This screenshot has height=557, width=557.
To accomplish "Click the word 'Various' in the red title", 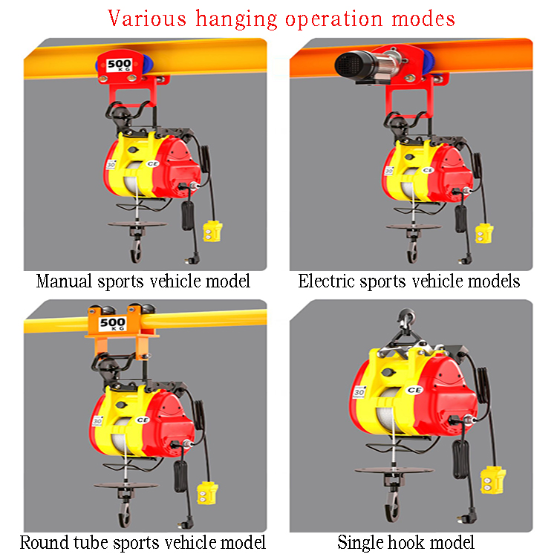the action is (147, 19).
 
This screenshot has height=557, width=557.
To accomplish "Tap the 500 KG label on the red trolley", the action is (120, 65).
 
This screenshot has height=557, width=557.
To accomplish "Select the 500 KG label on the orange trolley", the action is (112, 324).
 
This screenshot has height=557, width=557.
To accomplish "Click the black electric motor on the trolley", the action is (356, 65).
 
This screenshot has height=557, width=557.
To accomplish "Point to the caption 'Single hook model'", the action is (405, 543).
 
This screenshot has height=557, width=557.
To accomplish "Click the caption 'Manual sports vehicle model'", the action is (143, 281).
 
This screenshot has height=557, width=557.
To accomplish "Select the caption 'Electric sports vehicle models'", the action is (409, 281).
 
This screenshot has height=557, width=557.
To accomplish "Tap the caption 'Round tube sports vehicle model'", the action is (143, 543).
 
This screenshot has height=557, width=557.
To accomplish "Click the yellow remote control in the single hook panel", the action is (492, 481).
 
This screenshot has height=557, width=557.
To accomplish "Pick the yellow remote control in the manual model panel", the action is (212, 231).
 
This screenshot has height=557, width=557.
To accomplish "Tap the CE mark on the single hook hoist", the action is (414, 390).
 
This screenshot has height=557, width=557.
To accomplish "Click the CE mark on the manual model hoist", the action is (153, 164).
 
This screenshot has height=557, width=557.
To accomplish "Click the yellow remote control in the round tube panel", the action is (206, 493).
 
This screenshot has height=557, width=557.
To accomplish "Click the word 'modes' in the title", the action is (423, 19).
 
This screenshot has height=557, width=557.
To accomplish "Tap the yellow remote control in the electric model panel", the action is (484, 233).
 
